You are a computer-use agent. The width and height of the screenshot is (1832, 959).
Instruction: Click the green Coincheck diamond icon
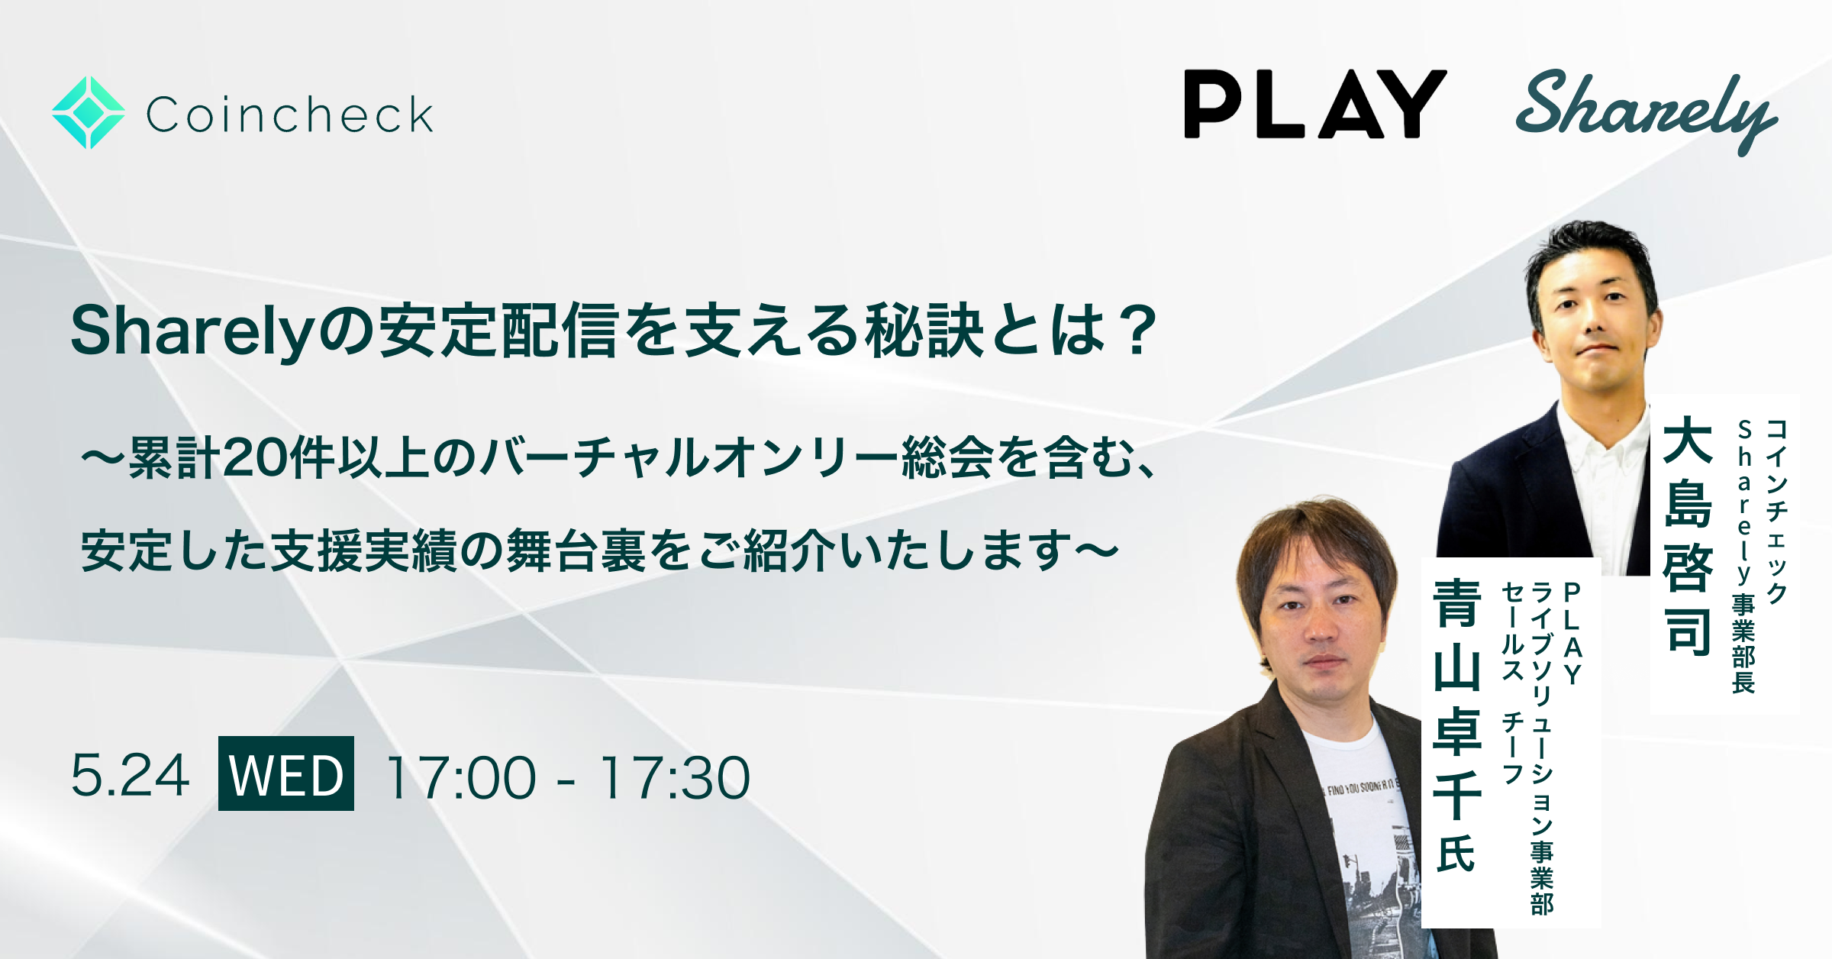tap(89, 112)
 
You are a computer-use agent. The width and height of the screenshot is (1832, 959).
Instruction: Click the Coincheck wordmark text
tap(289, 115)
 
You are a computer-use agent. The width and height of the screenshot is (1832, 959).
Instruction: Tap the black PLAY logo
tap(1314, 105)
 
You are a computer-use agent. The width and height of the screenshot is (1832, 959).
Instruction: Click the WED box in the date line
tap(286, 773)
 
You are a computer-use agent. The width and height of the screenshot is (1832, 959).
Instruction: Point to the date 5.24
tap(130, 775)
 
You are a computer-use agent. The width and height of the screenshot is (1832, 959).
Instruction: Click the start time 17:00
tap(461, 777)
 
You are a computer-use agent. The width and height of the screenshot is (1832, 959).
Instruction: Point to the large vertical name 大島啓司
tap(1688, 534)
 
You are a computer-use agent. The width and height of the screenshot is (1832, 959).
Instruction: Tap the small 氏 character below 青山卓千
tap(1456, 853)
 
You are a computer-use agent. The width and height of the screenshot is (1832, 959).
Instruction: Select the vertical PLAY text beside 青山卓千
tap(1572, 634)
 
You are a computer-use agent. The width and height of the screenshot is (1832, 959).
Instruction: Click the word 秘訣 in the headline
tap(923, 331)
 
